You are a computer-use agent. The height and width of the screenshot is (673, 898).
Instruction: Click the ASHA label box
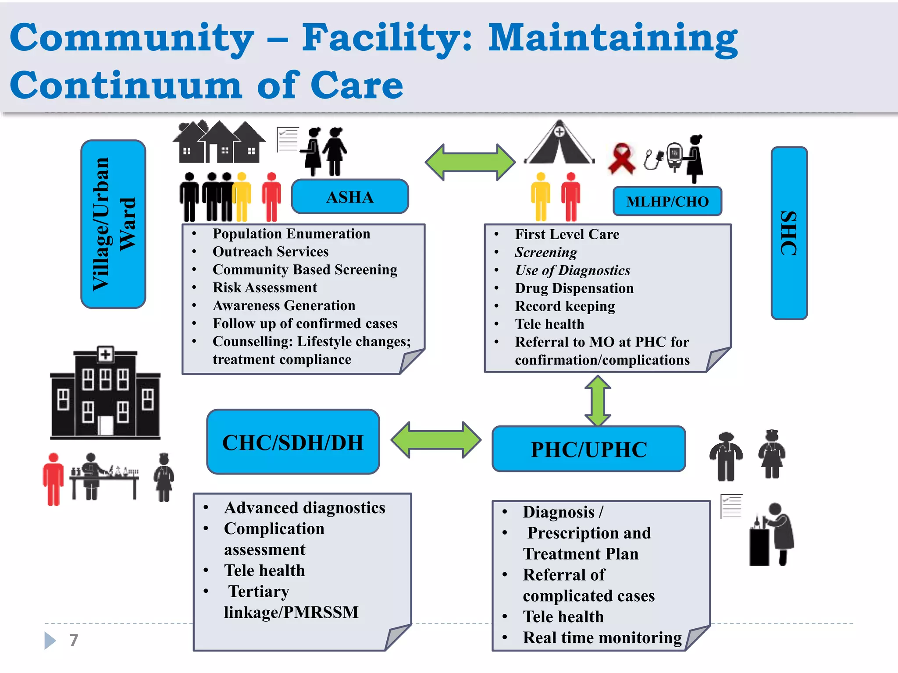pyautogui.click(x=350, y=196)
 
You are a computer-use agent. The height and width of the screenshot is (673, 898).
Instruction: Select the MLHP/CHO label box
pyautogui.click(x=667, y=201)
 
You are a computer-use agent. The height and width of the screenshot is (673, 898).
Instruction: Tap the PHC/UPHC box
pyautogui.click(x=589, y=449)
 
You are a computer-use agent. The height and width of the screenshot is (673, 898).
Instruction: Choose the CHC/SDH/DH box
pyautogui.click(x=293, y=442)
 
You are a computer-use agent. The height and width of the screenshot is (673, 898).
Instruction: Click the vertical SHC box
pyautogui.click(x=789, y=233)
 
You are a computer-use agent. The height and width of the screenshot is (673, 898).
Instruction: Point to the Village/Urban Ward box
pyautogui.click(x=113, y=224)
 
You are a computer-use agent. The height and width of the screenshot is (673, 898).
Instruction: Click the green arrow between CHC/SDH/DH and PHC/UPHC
pyautogui.click(x=436, y=440)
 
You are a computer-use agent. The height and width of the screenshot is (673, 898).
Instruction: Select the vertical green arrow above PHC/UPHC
pyautogui.click(x=598, y=401)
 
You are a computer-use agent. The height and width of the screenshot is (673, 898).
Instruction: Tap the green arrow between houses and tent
pyautogui.click(x=470, y=162)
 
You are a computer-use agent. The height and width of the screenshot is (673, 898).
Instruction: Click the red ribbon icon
pyautogui.click(x=621, y=158)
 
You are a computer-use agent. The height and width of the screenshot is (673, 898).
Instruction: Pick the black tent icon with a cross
pyautogui.click(x=559, y=142)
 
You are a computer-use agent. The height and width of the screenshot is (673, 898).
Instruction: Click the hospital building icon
pyautogui.click(x=105, y=393)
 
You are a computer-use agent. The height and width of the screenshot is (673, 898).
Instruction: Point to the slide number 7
pyautogui.click(x=74, y=640)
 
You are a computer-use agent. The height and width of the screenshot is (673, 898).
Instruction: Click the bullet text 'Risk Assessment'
pyautogui.click(x=265, y=287)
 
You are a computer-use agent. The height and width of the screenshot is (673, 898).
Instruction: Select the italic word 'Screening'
pyautogui.click(x=546, y=252)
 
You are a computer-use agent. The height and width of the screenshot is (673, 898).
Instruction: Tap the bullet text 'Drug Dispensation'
pyautogui.click(x=574, y=288)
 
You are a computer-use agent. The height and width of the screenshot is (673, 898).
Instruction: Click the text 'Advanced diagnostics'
pyautogui.click(x=305, y=508)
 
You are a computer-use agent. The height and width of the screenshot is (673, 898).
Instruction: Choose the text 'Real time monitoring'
pyautogui.click(x=602, y=638)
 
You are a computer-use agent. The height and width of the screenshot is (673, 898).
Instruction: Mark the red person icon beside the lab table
pyautogui.click(x=53, y=479)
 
